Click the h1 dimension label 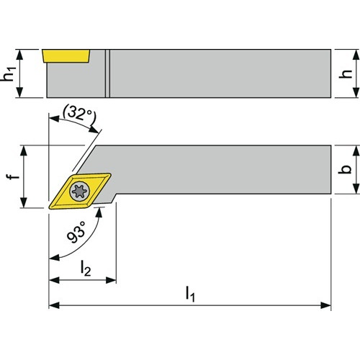9,73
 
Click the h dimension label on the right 345,73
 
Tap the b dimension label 345,169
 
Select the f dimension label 12,176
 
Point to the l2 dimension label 86,269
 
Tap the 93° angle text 76,232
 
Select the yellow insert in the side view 66,56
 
